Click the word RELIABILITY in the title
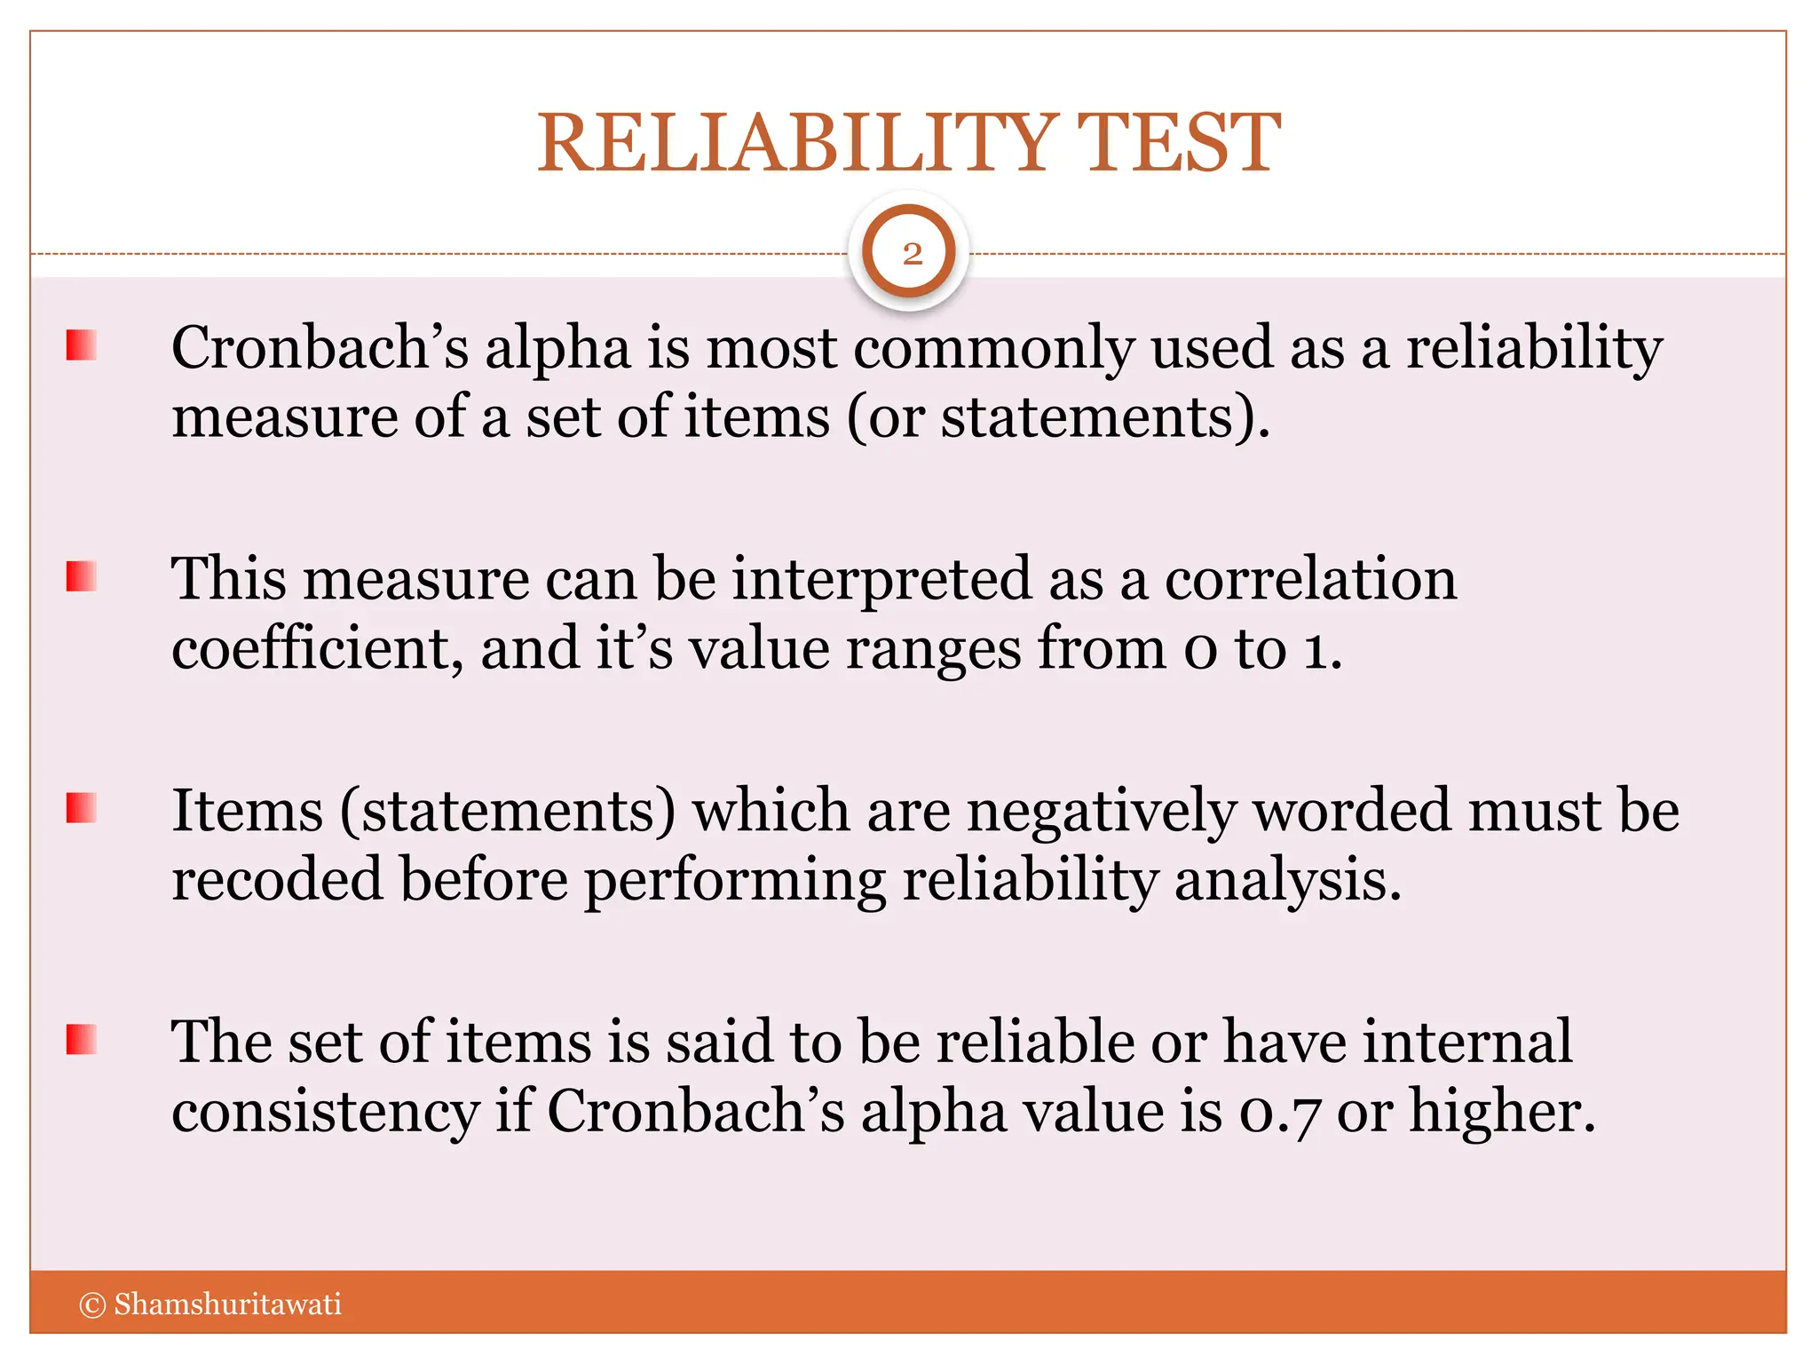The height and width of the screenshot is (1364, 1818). tap(796, 143)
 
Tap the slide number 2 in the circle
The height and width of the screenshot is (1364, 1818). tap(912, 255)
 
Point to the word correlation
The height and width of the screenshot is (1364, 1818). tap(1310, 580)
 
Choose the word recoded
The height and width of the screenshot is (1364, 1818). tap(276, 881)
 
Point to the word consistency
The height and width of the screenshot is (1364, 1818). tap(325, 1113)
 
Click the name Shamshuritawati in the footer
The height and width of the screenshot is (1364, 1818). tap(227, 1305)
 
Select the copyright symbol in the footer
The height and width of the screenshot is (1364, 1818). tap(92, 1305)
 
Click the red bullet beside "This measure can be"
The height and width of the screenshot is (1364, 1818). tap(81, 577)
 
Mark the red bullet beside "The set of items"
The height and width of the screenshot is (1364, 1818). tap(81, 1039)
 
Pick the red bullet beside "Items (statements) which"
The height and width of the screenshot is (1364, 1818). tap(81, 808)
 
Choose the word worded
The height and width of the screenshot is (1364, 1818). tap(1351, 811)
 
